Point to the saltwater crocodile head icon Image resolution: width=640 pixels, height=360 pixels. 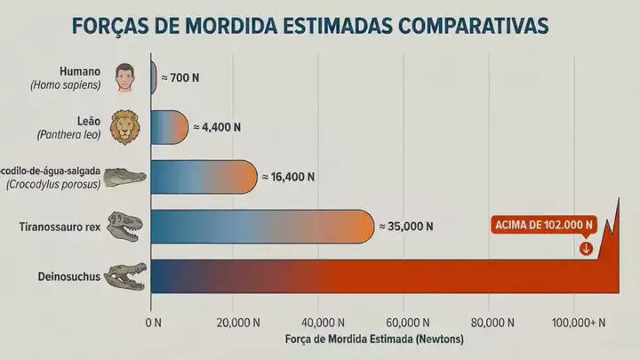pyautogui.click(x=125, y=177)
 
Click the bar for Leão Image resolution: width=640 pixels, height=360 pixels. pyautogui.click(x=170, y=127)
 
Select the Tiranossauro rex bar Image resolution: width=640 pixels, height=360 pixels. pyautogui.click(x=262, y=227)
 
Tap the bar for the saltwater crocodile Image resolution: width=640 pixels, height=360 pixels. pyautogui.click(x=204, y=177)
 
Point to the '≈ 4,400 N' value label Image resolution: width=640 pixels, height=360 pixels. pyautogui.click(x=216, y=127)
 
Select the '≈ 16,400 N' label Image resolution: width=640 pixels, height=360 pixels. pyautogui.click(x=288, y=177)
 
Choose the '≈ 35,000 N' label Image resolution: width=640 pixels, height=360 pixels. pyautogui.click(x=406, y=227)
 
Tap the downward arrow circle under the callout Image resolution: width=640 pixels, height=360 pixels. pyautogui.click(x=586, y=248)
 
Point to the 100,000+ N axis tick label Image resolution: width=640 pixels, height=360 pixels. pyautogui.click(x=580, y=321)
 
